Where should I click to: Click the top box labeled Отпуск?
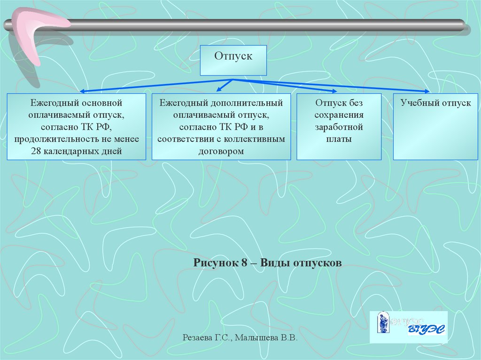click(x=233, y=60)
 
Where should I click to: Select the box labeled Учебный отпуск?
click(x=435, y=127)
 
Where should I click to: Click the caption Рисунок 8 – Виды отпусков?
click(x=267, y=263)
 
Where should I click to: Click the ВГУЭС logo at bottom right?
click(x=409, y=326)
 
